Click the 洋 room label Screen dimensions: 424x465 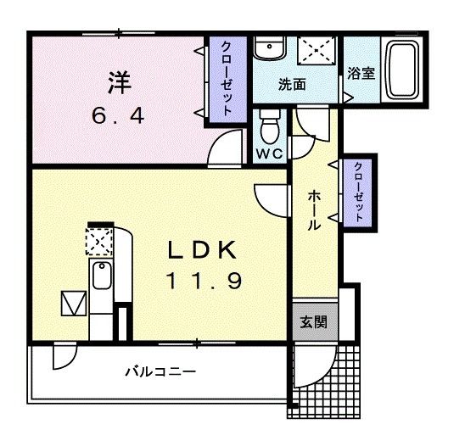pyautogui.click(x=120, y=83)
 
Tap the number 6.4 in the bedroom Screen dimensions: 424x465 pyautogui.click(x=120, y=113)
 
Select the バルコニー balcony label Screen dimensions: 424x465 pyautogui.click(x=160, y=371)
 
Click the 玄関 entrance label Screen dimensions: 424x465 pyautogui.click(x=310, y=323)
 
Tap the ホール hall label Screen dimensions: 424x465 pyautogui.click(x=312, y=209)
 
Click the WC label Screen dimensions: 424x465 pyautogui.click(x=270, y=153)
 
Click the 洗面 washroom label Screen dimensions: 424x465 pyautogui.click(x=293, y=85)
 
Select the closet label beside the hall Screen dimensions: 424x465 pyautogui.click(x=359, y=192)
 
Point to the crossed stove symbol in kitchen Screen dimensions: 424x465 pyautogui.click(x=98, y=242)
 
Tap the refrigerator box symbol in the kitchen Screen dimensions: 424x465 pyautogui.click(x=72, y=303)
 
